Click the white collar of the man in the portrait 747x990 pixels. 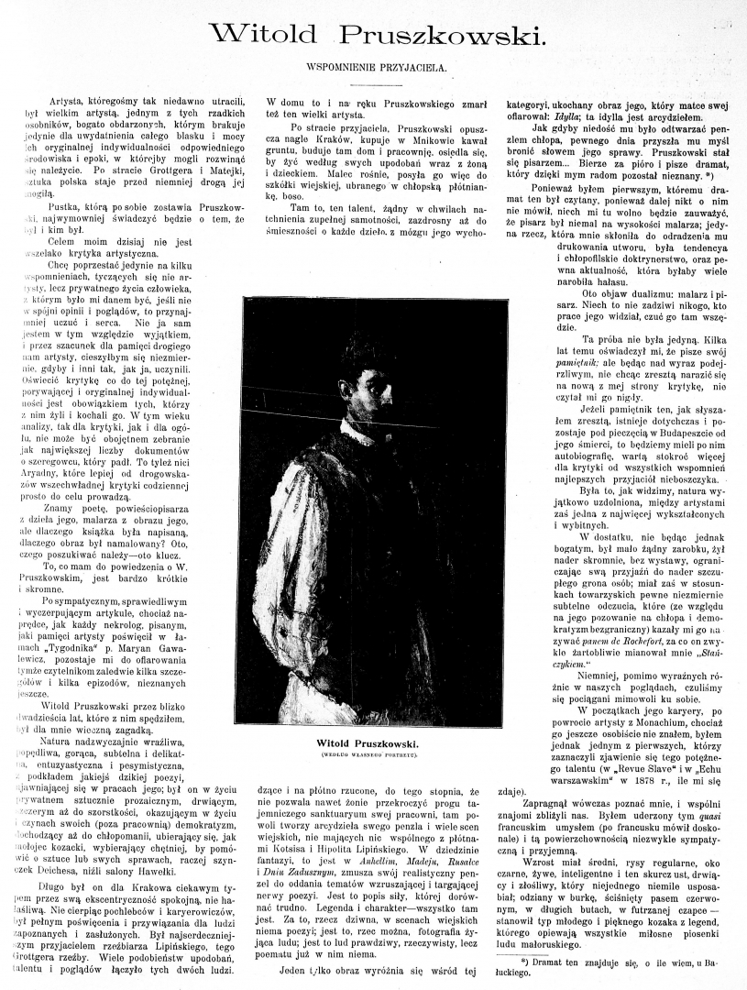(353, 431)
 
